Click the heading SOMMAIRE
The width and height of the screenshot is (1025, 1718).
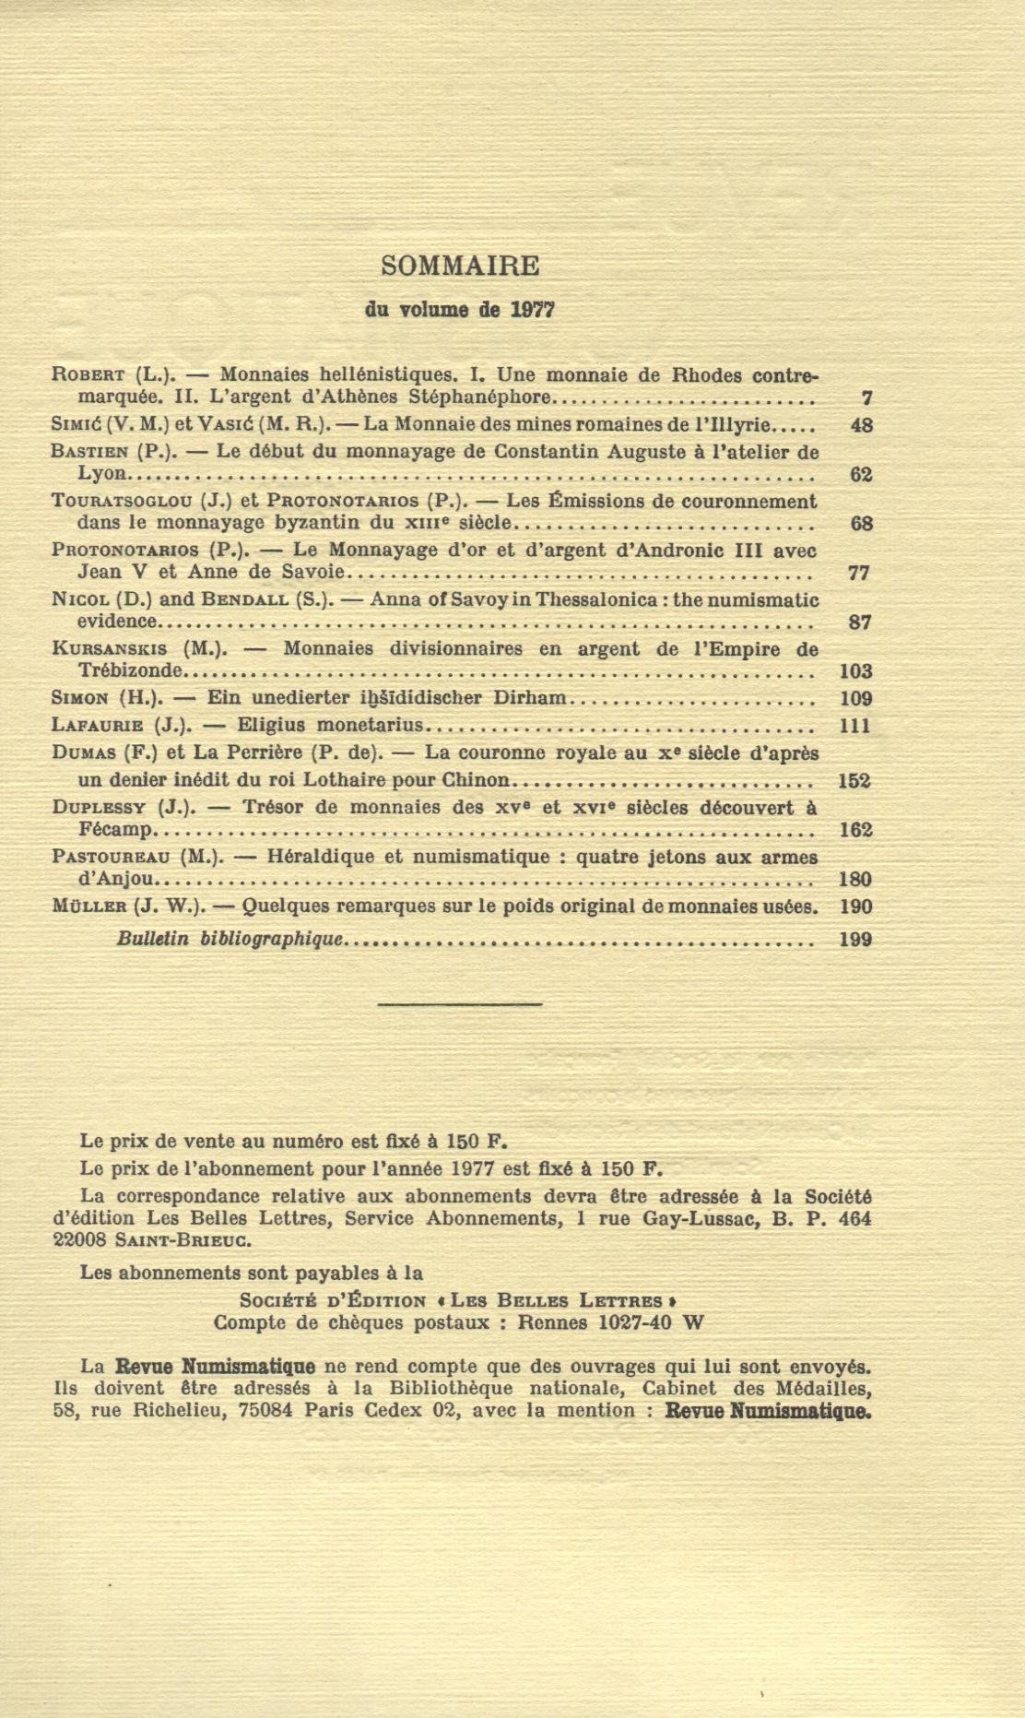[460, 266]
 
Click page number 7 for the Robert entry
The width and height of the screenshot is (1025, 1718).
[866, 398]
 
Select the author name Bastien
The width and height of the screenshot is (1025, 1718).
[89, 452]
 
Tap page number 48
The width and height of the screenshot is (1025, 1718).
[860, 425]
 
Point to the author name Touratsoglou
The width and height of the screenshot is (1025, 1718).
[122, 502]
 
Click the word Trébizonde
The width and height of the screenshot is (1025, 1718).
[131, 670]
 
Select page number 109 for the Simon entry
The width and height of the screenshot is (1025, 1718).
[855, 698]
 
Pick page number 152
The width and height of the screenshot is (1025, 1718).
[854, 781]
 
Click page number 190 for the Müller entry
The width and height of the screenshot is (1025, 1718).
[855, 906]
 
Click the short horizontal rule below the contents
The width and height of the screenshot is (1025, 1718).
[459, 1002]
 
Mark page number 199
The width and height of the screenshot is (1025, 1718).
[854, 940]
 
